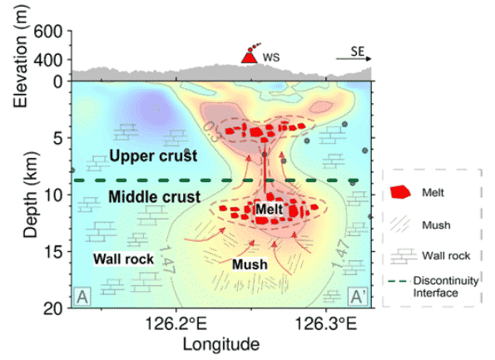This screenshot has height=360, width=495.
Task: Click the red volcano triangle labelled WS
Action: [x=250, y=57]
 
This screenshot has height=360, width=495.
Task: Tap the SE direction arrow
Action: [x=354, y=59]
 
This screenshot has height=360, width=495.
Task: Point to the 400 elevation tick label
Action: [x=47, y=60]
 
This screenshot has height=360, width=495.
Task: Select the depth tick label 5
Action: [x=57, y=138]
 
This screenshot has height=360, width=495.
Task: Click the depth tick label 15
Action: [x=53, y=252]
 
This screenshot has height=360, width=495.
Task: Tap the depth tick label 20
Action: [x=53, y=308]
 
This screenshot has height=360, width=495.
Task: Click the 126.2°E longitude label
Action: [x=176, y=324]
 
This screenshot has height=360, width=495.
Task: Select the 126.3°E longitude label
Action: [x=326, y=324]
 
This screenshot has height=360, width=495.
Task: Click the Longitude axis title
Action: [x=221, y=344]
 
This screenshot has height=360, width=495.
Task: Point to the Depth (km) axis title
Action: [x=31, y=195]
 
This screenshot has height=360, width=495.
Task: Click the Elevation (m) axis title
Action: [x=21, y=57]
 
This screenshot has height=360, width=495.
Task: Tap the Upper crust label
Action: [x=153, y=155]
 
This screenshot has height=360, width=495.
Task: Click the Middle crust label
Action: [x=155, y=197]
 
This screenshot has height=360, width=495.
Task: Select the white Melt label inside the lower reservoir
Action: [x=270, y=210]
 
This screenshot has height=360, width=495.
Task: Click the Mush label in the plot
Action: [x=250, y=264]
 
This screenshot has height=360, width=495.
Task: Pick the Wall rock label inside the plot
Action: [x=123, y=259]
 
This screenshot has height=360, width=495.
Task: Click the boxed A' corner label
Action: [x=359, y=297]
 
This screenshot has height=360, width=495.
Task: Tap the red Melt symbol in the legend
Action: [x=400, y=192]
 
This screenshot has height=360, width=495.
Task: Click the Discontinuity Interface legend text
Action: [x=446, y=287]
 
